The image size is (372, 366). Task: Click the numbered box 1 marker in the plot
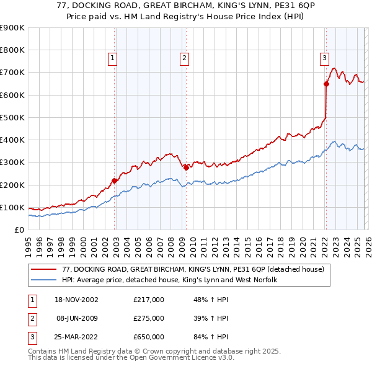[x=112, y=58]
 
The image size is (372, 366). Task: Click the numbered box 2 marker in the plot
[x=185, y=58]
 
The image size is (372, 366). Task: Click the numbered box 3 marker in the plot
[x=324, y=58]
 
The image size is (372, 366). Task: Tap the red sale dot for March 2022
[x=326, y=84]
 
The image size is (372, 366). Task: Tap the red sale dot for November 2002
[x=115, y=181]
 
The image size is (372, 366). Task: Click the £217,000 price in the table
[x=149, y=300]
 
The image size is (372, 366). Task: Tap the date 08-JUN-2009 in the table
[x=77, y=318]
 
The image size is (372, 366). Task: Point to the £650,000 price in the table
[x=149, y=337]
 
